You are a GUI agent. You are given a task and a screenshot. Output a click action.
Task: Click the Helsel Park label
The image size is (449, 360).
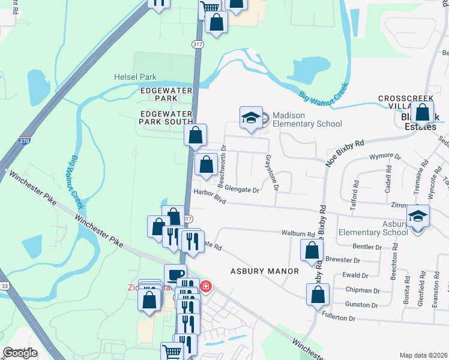pos(135,77)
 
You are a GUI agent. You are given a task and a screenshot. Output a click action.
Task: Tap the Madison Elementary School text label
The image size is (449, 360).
pos(307,119)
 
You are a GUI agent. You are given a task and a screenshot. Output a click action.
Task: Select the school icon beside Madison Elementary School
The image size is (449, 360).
pos(251,118)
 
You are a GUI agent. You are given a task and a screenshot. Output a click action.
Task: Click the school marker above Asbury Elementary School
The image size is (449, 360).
pos(418,217)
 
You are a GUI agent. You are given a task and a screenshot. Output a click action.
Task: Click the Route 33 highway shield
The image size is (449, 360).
pos(4,287)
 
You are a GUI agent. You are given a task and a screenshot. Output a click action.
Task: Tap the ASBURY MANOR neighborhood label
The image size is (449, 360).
pos(265,271)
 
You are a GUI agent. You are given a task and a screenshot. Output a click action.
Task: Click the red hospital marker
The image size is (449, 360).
pos(206,287)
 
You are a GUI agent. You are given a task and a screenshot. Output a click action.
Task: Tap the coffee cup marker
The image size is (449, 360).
pos(175,275)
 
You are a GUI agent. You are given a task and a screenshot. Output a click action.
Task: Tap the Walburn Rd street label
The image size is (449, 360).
pos(298,234)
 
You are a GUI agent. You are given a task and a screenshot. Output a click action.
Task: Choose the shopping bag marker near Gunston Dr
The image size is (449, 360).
pos(318,295)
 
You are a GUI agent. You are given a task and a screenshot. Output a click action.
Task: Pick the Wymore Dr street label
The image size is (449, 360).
pos(385,158)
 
